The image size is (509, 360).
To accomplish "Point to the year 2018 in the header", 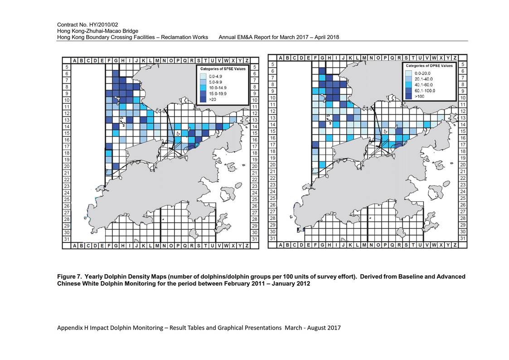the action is pyautogui.click(x=333, y=37).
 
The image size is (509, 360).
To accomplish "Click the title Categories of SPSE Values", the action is pyautogui.click(x=223, y=69).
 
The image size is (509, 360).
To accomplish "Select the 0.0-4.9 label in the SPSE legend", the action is pyautogui.click(x=216, y=77).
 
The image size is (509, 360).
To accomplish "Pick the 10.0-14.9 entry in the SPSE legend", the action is pyautogui.click(x=218, y=88).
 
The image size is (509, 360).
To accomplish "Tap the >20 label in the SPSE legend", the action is pyautogui.click(x=213, y=100).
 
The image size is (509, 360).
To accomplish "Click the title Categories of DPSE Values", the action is pyautogui.click(x=429, y=66).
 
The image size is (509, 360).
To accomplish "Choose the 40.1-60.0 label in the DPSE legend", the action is pyautogui.click(x=424, y=85).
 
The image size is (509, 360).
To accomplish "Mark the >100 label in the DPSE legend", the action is pyautogui.click(x=419, y=97).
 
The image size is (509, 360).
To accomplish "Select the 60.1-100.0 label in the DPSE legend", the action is pyautogui.click(x=425, y=91).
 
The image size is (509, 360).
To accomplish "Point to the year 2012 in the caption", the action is pyautogui.click(x=304, y=284).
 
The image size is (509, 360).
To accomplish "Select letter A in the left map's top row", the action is pyautogui.click(x=75, y=61).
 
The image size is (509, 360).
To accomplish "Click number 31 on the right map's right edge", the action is pyautogui.click(x=463, y=238).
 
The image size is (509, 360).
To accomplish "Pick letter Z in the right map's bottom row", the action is pyautogui.click(x=455, y=245).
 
